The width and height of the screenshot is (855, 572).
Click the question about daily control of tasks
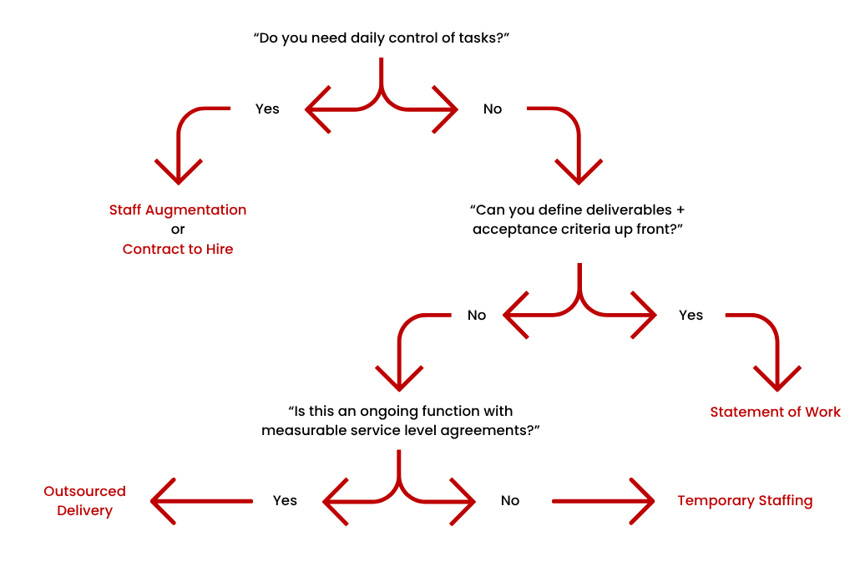pos(381,38)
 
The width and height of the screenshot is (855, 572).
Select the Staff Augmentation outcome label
pos(178,210)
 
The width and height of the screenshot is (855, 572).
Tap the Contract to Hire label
pos(178,249)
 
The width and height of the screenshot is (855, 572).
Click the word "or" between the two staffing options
pos(178,230)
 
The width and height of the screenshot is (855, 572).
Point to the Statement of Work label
pos(775,412)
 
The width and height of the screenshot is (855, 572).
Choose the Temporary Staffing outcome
pos(745,501)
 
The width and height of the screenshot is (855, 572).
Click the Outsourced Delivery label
pos(84,501)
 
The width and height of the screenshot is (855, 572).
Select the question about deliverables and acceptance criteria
pos(579,220)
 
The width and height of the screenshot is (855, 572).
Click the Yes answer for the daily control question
pos(267,109)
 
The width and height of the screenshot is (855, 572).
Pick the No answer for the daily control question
pos(493,109)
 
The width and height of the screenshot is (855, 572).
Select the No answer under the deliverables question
pos(477,315)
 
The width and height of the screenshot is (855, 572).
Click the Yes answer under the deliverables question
pos(691,315)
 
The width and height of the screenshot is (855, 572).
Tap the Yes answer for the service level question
pos(285,500)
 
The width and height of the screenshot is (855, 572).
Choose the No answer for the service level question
pos(510,500)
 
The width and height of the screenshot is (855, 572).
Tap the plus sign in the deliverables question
pos(680,210)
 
